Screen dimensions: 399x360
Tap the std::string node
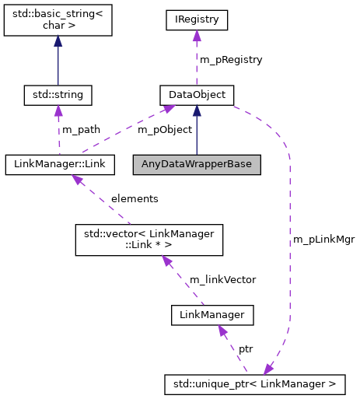58,95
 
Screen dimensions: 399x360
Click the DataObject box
197,95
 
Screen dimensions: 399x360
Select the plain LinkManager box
212,315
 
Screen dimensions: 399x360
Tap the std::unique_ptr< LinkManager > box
254,383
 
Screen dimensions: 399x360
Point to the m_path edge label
82,129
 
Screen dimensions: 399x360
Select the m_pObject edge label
164,129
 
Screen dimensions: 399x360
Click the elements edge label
134,198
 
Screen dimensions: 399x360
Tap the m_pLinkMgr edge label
323,239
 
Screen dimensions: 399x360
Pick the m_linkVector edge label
224,278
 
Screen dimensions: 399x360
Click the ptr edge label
245,349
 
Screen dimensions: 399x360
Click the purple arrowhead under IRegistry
197,36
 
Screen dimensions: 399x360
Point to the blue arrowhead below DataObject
197,111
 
